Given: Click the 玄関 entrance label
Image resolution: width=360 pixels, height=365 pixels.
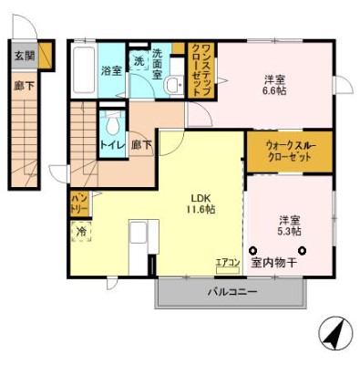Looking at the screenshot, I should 25,56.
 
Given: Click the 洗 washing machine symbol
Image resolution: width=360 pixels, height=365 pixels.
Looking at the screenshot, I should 139,60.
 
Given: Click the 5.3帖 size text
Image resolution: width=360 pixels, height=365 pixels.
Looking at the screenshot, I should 289,232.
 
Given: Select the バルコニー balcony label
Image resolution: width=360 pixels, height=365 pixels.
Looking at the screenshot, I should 231,293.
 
